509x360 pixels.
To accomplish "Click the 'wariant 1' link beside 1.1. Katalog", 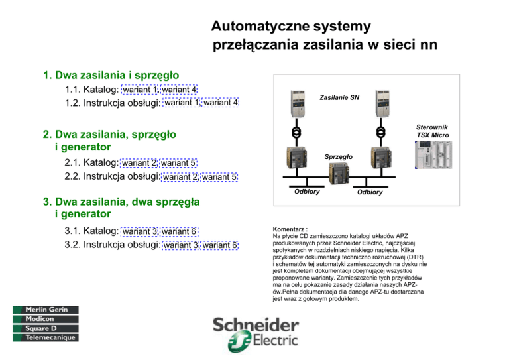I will pyautogui.click(x=141, y=90).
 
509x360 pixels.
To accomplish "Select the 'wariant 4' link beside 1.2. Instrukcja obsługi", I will pyautogui.click(x=221, y=103).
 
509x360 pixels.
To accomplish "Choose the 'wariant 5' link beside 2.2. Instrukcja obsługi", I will pyautogui.click(x=219, y=176).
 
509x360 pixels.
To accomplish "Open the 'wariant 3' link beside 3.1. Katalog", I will pyautogui.click(x=141, y=231).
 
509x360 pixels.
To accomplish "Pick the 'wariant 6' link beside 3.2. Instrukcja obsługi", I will pyautogui.click(x=221, y=245).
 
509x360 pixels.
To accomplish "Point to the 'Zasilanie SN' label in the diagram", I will pyautogui.click(x=339, y=98).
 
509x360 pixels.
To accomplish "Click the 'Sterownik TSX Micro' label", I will pyautogui.click(x=433, y=130).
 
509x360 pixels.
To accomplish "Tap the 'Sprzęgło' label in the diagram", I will pyautogui.click(x=339, y=157).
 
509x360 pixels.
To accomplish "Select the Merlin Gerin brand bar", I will pyautogui.click(x=44, y=310).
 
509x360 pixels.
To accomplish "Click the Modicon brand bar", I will pyautogui.click(x=44, y=319).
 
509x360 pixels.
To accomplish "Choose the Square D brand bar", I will pyautogui.click(x=44, y=328).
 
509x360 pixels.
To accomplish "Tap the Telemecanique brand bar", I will pyautogui.click(x=44, y=337).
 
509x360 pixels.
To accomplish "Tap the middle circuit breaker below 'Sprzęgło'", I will pyautogui.click(x=339, y=172).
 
